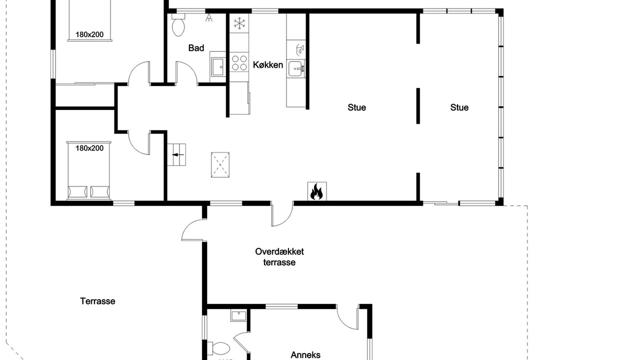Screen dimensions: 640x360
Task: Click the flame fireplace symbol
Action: point(317,191)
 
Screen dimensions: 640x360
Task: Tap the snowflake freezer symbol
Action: point(239,23)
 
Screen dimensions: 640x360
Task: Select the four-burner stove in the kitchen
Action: point(239,62)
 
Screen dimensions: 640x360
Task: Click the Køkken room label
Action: point(267,65)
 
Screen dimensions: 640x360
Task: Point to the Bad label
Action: point(196,47)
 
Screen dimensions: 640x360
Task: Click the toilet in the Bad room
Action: point(178,25)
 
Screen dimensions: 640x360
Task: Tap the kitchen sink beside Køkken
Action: point(296,68)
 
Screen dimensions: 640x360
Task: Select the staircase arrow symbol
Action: point(178,155)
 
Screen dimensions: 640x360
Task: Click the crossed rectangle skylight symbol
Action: point(220,165)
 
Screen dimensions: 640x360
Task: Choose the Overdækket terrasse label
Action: point(279,257)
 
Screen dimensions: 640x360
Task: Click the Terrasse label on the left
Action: point(97,301)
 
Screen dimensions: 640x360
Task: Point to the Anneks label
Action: point(305,355)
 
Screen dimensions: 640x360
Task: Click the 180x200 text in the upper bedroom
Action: point(89,34)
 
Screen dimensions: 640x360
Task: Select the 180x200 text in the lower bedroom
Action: point(89,148)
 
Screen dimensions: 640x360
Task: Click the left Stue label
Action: point(356,107)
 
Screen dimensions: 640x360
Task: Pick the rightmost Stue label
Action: point(459,107)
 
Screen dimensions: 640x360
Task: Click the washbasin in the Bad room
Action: point(218,67)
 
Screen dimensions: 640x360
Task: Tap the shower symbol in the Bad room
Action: point(209,17)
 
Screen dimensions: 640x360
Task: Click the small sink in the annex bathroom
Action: point(238,315)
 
